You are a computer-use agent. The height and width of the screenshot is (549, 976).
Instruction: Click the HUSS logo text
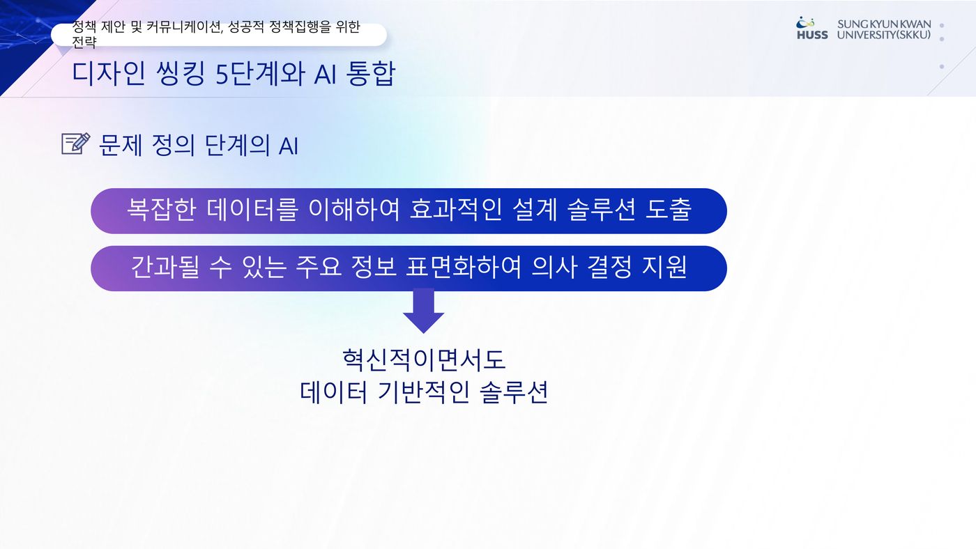[x=812, y=35]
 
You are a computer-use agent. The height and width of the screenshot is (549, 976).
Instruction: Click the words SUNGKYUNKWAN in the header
[x=884, y=24]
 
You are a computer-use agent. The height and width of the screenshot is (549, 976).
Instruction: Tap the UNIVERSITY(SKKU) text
[x=884, y=35]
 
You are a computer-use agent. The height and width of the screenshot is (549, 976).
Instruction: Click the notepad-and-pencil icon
[x=76, y=144]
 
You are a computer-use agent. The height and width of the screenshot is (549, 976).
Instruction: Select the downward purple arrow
[x=424, y=311]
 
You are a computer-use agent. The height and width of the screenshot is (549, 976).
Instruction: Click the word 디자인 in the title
[x=109, y=73]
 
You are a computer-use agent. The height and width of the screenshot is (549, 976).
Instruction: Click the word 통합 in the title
[x=370, y=73]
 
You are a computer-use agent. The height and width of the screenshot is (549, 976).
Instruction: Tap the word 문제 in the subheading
[x=121, y=145]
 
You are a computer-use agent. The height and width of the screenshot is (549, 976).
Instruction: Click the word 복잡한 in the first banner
[x=161, y=210]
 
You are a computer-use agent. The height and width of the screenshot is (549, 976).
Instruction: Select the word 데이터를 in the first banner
[x=252, y=210]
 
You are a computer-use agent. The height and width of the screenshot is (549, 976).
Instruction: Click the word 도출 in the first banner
[x=668, y=210]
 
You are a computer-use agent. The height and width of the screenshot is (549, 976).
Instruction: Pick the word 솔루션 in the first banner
[x=601, y=210]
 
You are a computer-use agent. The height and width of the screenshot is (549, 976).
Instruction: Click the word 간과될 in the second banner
[x=165, y=267]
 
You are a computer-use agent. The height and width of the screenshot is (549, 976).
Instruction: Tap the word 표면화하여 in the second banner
[x=463, y=267]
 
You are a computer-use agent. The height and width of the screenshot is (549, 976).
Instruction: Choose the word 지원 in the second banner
[x=664, y=267]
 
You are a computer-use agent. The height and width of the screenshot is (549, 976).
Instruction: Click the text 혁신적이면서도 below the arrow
[x=424, y=360]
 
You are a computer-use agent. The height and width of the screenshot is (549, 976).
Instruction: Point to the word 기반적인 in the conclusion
[x=424, y=392]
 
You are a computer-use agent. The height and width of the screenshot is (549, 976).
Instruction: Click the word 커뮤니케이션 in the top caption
[x=185, y=27]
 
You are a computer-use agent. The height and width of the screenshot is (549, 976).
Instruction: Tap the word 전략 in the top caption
[x=84, y=42]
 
